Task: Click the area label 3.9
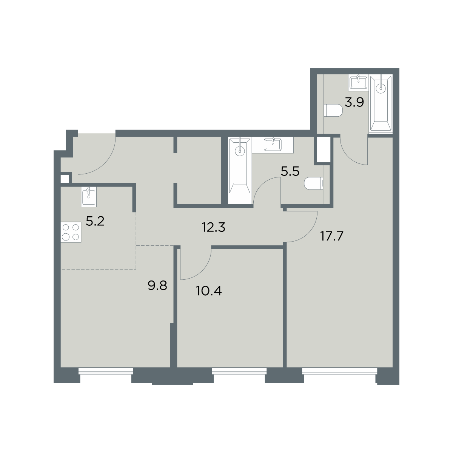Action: [x=354, y=103]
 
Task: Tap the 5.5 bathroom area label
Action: [x=290, y=172]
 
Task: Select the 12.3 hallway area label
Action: [x=214, y=227]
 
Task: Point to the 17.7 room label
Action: [x=332, y=236]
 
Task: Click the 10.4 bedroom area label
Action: [x=208, y=292]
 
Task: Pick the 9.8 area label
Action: [x=157, y=286]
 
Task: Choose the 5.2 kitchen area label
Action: [x=95, y=221]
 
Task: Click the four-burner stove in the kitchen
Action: [x=71, y=232]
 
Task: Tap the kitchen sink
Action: [x=89, y=197]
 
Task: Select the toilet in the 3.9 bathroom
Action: [x=333, y=111]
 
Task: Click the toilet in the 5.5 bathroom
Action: [x=314, y=183]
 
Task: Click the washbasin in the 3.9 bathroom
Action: [x=358, y=83]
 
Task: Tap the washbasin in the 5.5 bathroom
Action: [x=273, y=144]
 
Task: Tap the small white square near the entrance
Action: [x=65, y=179]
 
